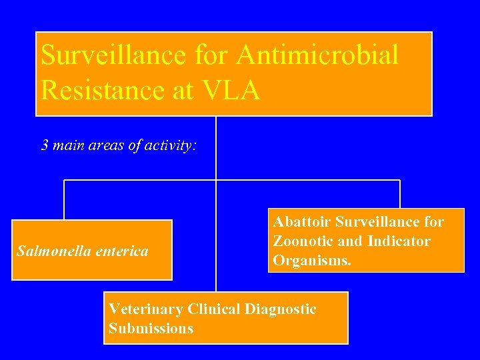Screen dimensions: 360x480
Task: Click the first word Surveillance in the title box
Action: pyautogui.click(x=114, y=55)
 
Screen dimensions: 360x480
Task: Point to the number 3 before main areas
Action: pyautogui.click(x=45, y=145)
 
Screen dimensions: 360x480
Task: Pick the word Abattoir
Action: pyautogui.click(x=301, y=221)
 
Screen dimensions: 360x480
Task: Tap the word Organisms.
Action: pyautogui.click(x=311, y=260)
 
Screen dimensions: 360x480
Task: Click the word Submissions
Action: pyautogui.click(x=151, y=328)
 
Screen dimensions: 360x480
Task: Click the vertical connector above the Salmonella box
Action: pyautogui.click(x=64, y=200)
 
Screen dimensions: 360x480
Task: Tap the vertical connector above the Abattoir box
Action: pyautogui.click(x=400, y=195)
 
